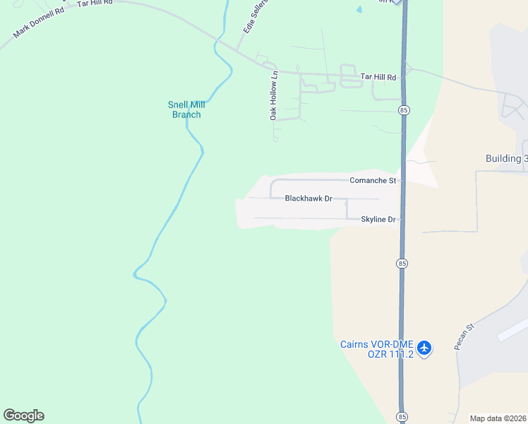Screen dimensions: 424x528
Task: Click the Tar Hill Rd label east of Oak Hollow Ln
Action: [x=378, y=76]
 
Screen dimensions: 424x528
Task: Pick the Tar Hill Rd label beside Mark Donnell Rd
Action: [x=95, y=4]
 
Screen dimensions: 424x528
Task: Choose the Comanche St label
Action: [x=373, y=181]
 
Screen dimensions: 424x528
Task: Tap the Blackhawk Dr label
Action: [x=308, y=199]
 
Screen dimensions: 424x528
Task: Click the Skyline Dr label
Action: [x=379, y=220]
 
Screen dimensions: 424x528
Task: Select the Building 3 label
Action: [x=506, y=158]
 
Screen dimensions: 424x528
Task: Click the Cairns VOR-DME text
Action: [x=376, y=344]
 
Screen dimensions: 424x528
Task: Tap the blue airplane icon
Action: [x=424, y=348]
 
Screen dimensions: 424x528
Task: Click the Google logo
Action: [x=23, y=416]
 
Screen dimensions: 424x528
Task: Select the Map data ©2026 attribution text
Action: [x=498, y=418]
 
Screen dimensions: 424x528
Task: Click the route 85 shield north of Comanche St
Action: [x=403, y=110]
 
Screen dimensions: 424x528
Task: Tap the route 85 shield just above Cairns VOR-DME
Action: [x=401, y=263]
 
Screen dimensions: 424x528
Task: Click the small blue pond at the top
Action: [x=359, y=10]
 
